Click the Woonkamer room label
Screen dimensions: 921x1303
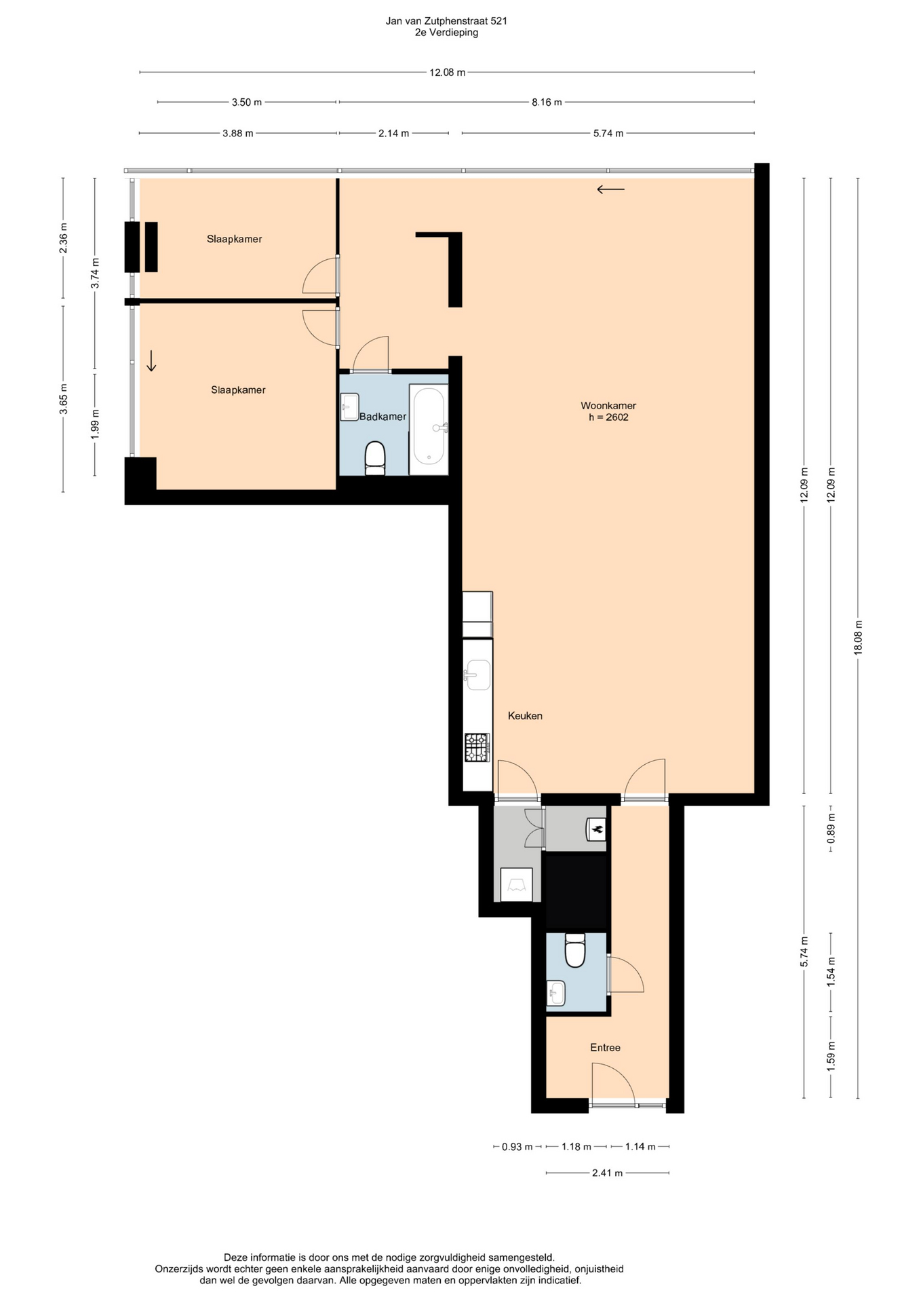[608, 406]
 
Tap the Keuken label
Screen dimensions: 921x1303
[525, 715]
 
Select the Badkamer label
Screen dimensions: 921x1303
[383, 417]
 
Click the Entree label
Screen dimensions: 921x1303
[605, 1047]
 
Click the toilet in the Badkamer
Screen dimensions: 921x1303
[375, 457]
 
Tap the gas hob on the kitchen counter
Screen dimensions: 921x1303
[477, 747]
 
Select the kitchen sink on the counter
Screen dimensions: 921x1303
[477, 675]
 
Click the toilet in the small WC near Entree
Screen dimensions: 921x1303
[575, 949]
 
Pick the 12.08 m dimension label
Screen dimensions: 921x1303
[448, 73]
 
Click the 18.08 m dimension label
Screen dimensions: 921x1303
[858, 637]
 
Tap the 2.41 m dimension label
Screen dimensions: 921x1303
[607, 1173]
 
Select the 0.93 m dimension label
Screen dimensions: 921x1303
[517, 1147]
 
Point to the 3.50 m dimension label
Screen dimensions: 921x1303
[247, 102]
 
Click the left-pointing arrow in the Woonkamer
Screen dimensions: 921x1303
[610, 190]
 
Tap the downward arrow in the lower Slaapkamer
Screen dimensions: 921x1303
[151, 360]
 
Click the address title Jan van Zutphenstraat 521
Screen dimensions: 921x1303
[446, 21]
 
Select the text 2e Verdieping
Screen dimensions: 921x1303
[446, 33]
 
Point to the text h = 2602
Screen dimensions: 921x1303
[608, 417]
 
